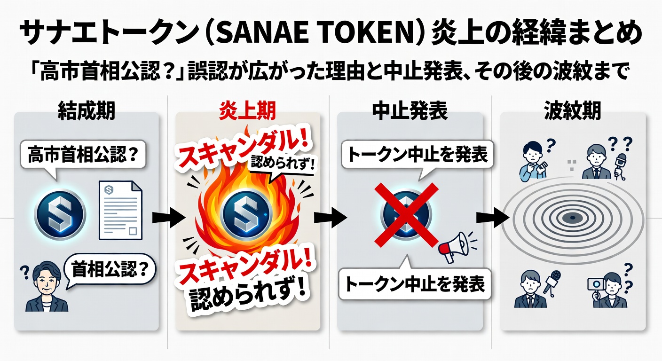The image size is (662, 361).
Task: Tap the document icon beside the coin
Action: pyautogui.click(x=120, y=210)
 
